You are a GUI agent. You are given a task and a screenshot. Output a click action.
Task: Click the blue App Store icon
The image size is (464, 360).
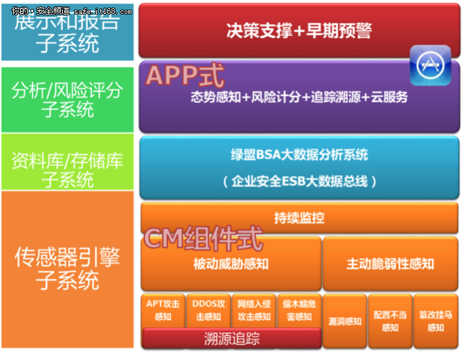430,66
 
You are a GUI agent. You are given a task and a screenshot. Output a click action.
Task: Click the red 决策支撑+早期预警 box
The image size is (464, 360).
298,30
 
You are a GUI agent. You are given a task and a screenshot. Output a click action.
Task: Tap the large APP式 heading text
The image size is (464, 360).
181,75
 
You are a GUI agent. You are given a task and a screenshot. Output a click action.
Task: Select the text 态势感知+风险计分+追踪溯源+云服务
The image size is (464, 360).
298,98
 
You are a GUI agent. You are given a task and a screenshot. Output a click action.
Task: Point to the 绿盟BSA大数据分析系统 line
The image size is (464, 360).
298,155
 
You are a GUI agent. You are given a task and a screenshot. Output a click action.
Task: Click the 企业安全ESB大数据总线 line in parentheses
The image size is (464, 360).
298,181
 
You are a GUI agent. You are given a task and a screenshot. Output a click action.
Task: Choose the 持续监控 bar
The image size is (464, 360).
298,218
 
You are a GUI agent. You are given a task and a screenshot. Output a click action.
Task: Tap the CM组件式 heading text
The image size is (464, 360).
202,239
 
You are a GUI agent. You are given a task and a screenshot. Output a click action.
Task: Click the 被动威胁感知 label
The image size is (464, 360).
231,264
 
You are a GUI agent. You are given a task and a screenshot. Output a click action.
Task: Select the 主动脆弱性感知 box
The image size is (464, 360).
390,264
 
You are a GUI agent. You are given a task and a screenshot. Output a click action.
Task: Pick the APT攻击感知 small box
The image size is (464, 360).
163,310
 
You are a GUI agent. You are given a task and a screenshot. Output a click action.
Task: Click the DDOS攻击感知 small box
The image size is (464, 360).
208,310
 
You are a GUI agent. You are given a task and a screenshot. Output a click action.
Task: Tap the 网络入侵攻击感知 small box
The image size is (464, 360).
253,310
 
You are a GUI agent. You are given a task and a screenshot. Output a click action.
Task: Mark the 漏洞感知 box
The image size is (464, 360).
344,321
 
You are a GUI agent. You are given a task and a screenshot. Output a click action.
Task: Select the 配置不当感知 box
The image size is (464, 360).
390,321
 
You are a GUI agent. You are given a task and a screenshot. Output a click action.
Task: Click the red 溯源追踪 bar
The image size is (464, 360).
231,339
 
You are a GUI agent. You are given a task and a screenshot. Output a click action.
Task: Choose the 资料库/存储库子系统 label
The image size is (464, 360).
67,170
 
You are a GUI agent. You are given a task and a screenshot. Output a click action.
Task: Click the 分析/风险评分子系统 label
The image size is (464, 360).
67,100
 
